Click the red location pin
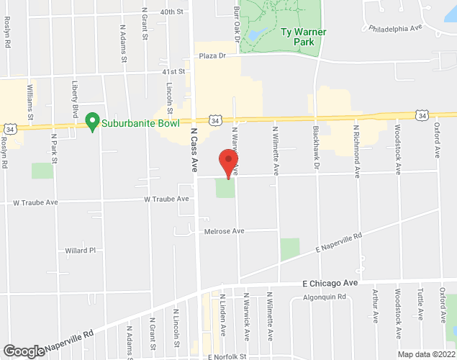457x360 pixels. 228,163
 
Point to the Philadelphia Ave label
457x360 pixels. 394,30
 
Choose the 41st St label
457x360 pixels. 173,72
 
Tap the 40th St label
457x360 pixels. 173,12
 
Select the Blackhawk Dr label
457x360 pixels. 316,147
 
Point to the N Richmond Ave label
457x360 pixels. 356,150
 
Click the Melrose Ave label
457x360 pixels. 224,231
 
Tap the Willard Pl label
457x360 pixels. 81,251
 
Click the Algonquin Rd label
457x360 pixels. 325,297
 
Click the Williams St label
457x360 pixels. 30,102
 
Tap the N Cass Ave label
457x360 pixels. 194,149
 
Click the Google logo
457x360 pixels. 23,351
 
